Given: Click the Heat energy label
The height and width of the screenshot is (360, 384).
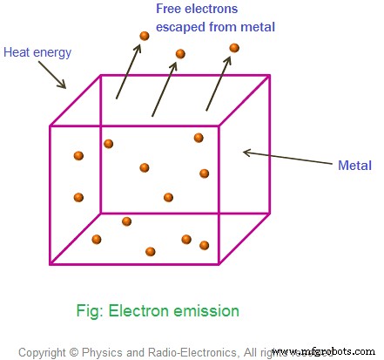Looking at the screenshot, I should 37,52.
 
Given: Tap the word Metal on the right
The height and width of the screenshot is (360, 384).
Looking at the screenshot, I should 355,166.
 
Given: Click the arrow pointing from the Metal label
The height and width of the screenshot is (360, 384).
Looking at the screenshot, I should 285,159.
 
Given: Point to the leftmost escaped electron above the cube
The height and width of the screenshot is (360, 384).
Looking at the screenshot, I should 144,36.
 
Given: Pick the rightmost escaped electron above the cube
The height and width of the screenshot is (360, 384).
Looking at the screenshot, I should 232,48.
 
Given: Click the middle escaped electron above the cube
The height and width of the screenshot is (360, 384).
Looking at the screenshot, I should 180,54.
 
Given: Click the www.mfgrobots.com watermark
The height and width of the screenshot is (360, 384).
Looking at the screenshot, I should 325,352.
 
